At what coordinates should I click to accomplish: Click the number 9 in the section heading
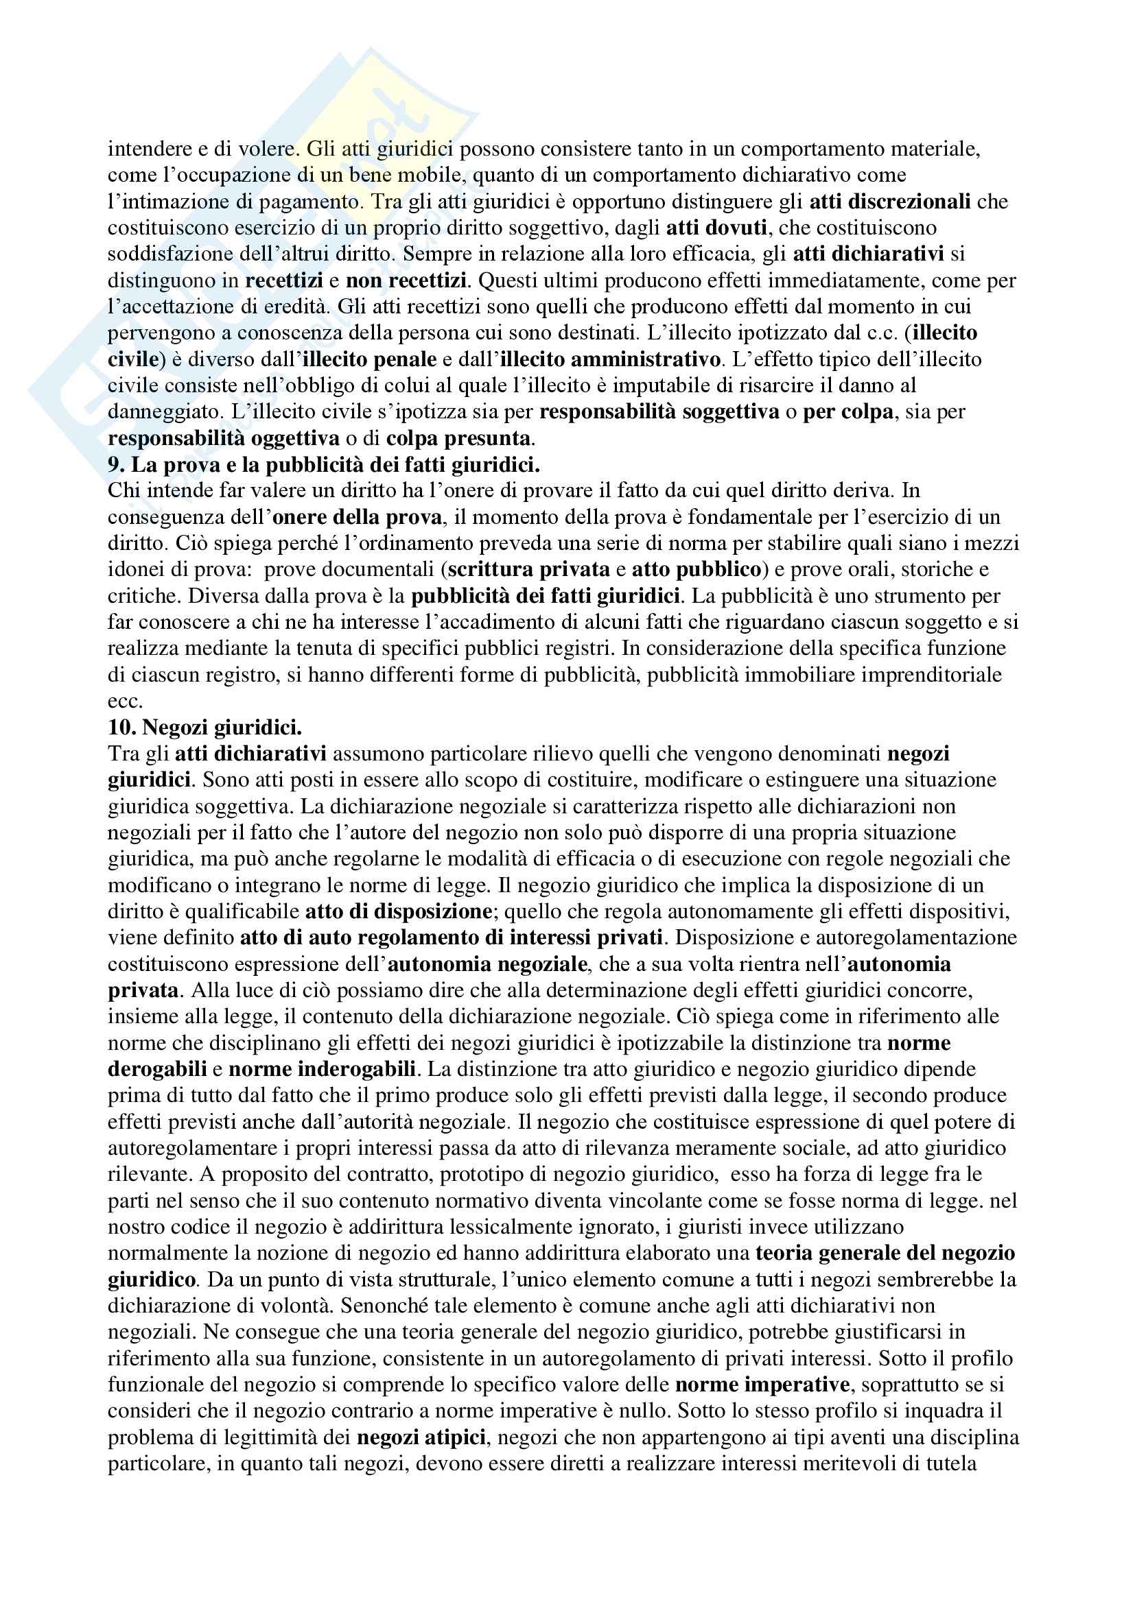tap(113, 464)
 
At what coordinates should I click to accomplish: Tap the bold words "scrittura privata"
tap(528, 570)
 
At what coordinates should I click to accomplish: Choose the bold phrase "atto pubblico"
tap(696, 570)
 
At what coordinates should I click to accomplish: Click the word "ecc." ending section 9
tap(124, 702)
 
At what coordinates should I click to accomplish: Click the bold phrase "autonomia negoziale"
tap(487, 965)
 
